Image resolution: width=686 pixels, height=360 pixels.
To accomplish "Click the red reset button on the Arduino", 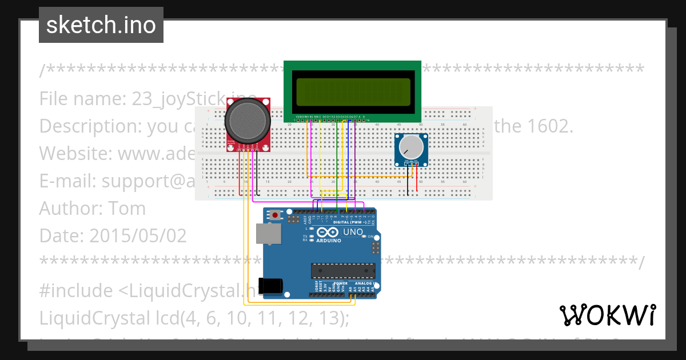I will (x=276, y=215).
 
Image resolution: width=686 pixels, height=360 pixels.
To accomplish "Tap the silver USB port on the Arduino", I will (x=265, y=233).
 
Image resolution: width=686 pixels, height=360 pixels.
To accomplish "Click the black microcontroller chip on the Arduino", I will (x=343, y=270).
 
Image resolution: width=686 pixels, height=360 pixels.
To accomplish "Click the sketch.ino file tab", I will (x=101, y=25).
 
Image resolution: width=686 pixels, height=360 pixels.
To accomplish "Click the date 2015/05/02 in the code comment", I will (x=137, y=235).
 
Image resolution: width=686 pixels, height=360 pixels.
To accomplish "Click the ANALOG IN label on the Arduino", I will (x=364, y=283).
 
